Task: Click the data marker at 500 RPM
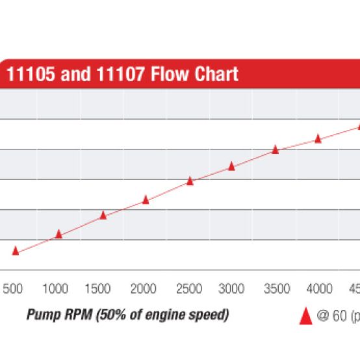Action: pyautogui.click(x=16, y=251)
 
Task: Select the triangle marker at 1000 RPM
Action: pyautogui.click(x=58, y=234)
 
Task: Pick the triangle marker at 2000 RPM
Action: pyautogui.click(x=146, y=200)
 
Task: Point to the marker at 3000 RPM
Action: pyautogui.click(x=231, y=167)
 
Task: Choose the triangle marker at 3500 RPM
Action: pyautogui.click(x=275, y=149)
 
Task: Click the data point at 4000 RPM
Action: pyautogui.click(x=318, y=138)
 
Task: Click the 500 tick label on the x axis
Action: pyautogui.click(x=13, y=289)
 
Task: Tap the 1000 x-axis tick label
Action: pyautogui.click(x=55, y=289)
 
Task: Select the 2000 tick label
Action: pyautogui.click(x=144, y=289)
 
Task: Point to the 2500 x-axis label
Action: pyautogui.click(x=188, y=289)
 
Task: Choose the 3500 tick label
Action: pyautogui.click(x=276, y=289)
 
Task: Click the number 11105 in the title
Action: pyautogui.click(x=31, y=74)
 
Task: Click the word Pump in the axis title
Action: pyautogui.click(x=41, y=315)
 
